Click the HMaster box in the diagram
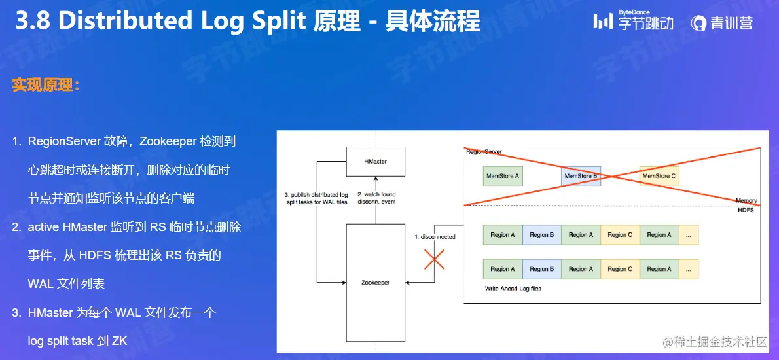pos(376,161)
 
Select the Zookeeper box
pos(376,282)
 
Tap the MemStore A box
pos(503,176)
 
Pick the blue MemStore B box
pos(581,176)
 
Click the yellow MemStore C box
pos(659,176)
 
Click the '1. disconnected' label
pos(435,236)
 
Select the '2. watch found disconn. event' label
pos(376,198)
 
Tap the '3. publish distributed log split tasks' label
pos(316,198)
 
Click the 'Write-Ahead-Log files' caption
pos(513,288)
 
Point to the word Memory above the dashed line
pos(746,200)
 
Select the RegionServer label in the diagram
pos(484,151)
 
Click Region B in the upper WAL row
pos(542,235)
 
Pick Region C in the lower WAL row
pos(621,269)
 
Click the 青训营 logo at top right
pos(722,23)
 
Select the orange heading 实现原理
pos(45,85)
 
